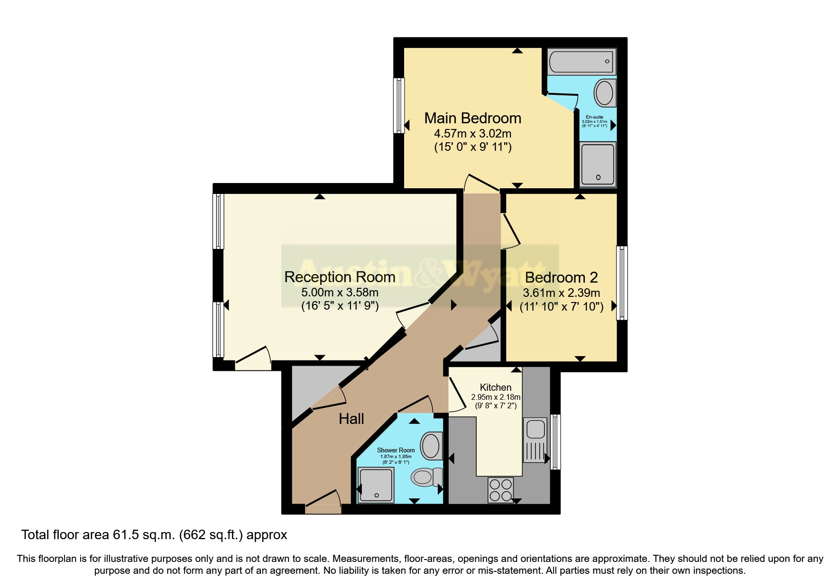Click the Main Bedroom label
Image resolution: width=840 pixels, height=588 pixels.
pyautogui.click(x=472, y=118)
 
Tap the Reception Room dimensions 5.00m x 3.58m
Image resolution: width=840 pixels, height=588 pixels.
pyautogui.click(x=340, y=293)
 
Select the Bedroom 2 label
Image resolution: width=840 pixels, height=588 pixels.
pyautogui.click(x=561, y=277)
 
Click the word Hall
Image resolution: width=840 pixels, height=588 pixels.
pyautogui.click(x=351, y=419)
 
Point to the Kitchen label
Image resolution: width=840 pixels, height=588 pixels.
pyautogui.click(x=495, y=387)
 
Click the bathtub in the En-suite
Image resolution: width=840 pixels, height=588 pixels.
pyautogui.click(x=582, y=62)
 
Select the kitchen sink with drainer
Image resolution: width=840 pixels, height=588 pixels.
pyautogui.click(x=535, y=440)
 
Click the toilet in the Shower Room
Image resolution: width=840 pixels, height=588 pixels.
pyautogui.click(x=426, y=477)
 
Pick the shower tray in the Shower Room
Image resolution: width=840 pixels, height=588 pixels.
pyautogui.click(x=376, y=485)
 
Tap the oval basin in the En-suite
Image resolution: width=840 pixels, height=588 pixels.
pyautogui.click(x=604, y=93)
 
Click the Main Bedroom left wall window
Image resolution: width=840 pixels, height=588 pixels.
pyautogui.click(x=399, y=105)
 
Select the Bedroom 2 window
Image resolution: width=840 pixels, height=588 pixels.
pyautogui.click(x=622, y=283)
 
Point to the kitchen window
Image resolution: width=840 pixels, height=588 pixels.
pyautogui.click(x=555, y=442)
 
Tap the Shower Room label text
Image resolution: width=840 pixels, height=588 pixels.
pyautogui.click(x=396, y=450)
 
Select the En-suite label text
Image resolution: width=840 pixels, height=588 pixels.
pyautogui.click(x=594, y=117)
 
